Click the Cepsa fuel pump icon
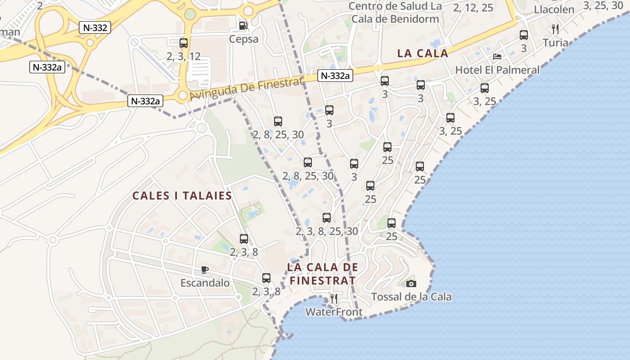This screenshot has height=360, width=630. pyautogui.click(x=243, y=26)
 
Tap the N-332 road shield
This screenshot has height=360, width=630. pyautogui.click(x=95, y=27)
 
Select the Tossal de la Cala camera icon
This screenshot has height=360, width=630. pyautogui.click(x=411, y=283)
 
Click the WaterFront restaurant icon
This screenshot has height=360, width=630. pyautogui.click(x=334, y=299)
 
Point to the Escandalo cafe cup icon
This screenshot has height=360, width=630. pyautogui.click(x=205, y=270)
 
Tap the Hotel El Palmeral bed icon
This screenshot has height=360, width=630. pyautogui.click(x=497, y=57)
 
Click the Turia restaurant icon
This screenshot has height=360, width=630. pyautogui.click(x=555, y=29)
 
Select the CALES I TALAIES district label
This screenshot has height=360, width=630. pyautogui.click(x=182, y=196)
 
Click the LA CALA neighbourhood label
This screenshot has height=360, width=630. pyautogui.click(x=423, y=53)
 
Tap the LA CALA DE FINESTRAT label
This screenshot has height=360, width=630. pyautogui.click(x=323, y=274)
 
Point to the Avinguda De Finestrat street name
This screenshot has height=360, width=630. pyautogui.click(x=245, y=89)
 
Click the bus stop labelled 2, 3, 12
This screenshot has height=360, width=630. pyautogui.click(x=184, y=43)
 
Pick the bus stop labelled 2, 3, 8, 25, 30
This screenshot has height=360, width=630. pyautogui.click(x=327, y=218)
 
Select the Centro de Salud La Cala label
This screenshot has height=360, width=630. pyautogui.click(x=395, y=13)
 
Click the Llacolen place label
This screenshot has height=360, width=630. pyautogui.click(x=554, y=9)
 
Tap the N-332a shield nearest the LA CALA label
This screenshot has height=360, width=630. pyautogui.click(x=335, y=76)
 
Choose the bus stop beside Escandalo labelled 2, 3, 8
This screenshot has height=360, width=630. pyautogui.click(x=266, y=278)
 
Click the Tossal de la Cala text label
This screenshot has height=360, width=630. pyautogui.click(x=411, y=297)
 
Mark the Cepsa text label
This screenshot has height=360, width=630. pyautogui.click(x=244, y=39)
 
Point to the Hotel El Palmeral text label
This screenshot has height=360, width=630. pyautogui.click(x=497, y=70)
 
